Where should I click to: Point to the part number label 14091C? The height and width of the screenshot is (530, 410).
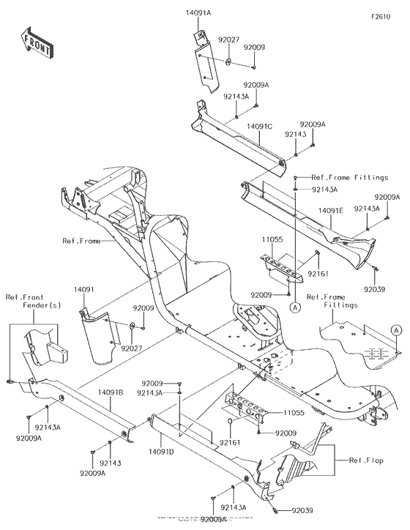click(260, 127)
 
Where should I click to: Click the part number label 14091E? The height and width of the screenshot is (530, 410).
click(330, 211)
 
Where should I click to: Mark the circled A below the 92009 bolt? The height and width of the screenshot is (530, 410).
click(294, 309)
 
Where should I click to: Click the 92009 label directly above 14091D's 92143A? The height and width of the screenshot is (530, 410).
click(152, 383)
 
